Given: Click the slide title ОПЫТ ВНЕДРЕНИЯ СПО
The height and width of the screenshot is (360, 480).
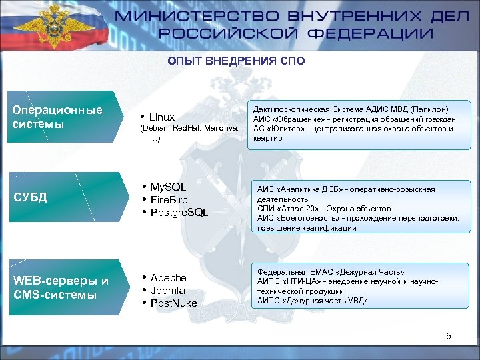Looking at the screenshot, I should coord(236,61).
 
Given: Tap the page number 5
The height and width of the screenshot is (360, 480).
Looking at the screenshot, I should coord(449,336).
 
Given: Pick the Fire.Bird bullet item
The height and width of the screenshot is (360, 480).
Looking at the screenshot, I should coord(169,199).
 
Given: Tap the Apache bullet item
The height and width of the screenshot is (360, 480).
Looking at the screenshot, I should coord(168,277).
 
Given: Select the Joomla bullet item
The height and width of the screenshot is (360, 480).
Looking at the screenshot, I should coord(167,290).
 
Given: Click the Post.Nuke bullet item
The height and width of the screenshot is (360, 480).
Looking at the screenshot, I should coord(174,303).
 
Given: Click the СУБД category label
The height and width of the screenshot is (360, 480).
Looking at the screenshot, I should coord(30,197).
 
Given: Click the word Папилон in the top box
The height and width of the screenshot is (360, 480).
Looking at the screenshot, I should coord(431,109).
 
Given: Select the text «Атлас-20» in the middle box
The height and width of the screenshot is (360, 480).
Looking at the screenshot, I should coord(293,209).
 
